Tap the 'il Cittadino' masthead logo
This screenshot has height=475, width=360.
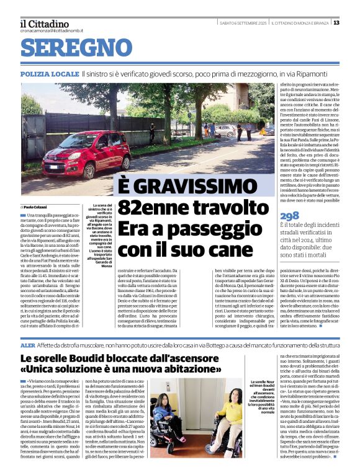45,23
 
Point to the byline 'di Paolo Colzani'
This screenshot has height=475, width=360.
34,206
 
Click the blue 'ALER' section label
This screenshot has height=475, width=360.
28,344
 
